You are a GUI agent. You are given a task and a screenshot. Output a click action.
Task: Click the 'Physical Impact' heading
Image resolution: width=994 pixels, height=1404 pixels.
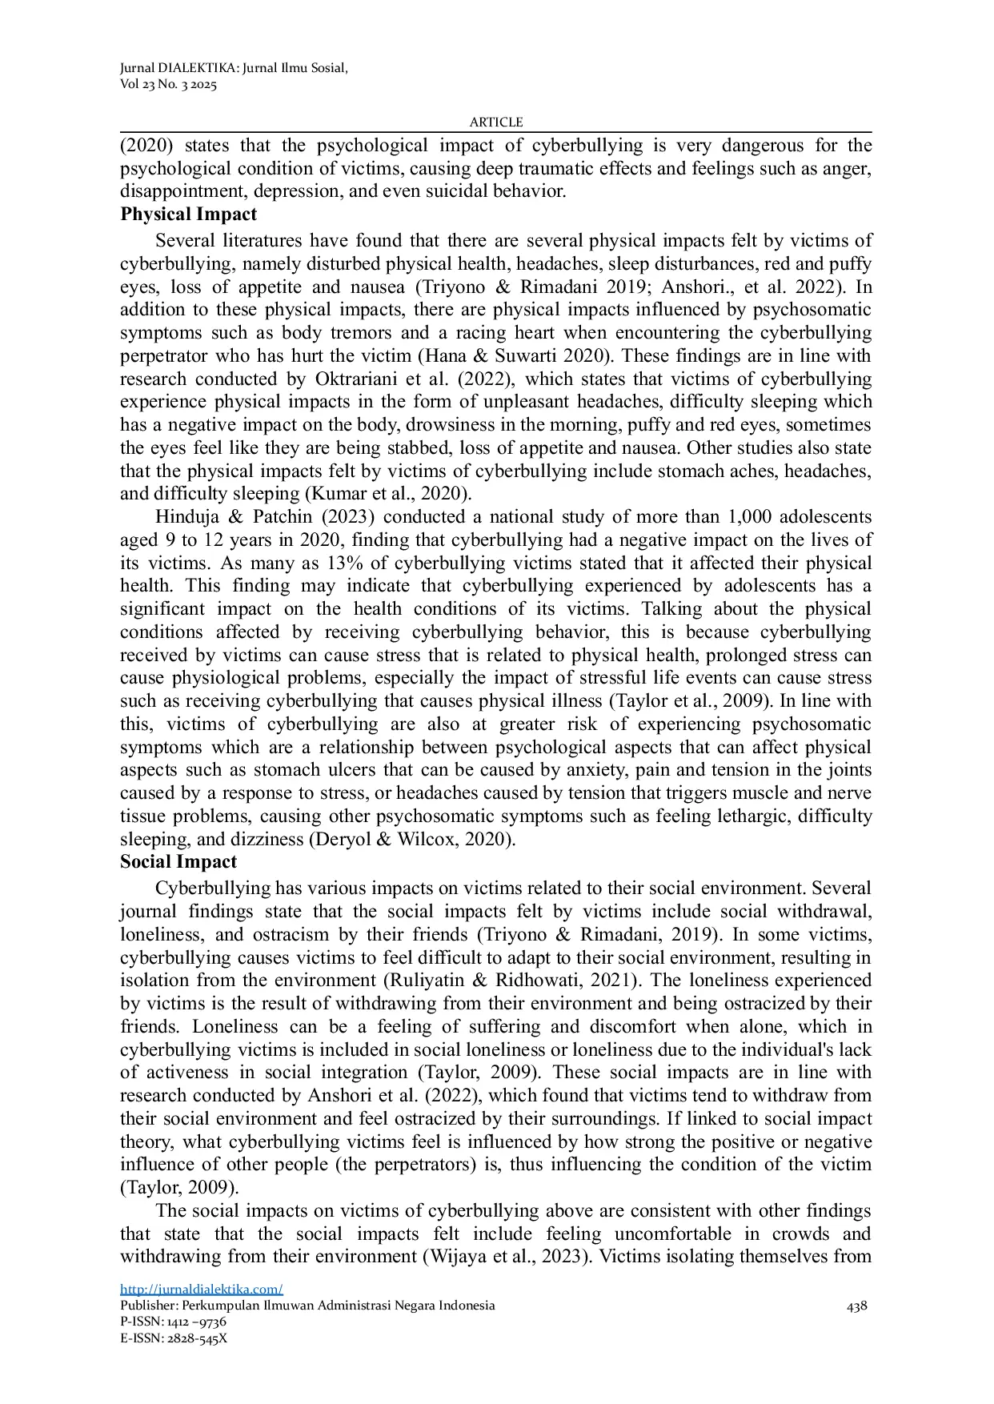click(x=189, y=215)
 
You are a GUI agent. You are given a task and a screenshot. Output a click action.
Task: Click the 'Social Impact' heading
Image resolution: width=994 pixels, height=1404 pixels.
click(x=178, y=862)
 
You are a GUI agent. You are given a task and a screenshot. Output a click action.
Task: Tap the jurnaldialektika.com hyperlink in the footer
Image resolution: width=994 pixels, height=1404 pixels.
click(x=202, y=1289)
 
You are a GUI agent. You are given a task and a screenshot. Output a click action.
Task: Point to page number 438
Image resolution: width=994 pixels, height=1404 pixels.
click(x=857, y=1306)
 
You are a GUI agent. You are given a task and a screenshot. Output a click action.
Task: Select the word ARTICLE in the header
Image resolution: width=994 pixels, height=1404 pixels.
click(x=496, y=122)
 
